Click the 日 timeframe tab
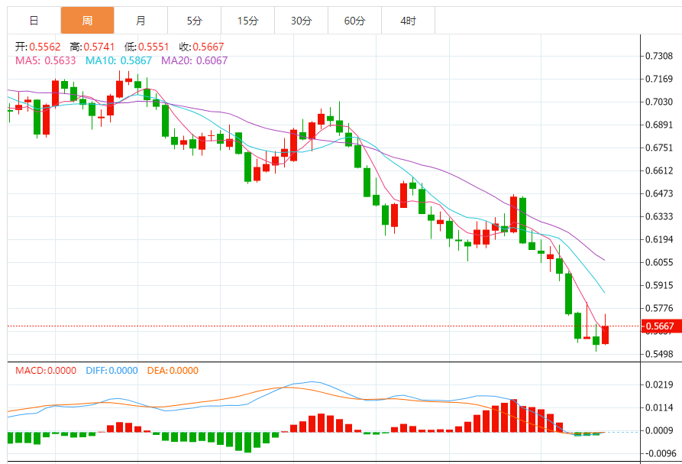pyautogui.click(x=34, y=21)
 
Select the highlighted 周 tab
pyautogui.click(x=87, y=21)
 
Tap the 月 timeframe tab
pyautogui.click(x=141, y=21)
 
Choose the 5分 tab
pyautogui.click(x=194, y=21)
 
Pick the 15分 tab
pyautogui.click(x=247, y=21)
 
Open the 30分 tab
pyautogui.click(x=301, y=21)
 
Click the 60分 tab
pyautogui.click(x=354, y=21)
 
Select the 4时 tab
pyautogui.click(x=408, y=21)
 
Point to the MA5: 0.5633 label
pyautogui.click(x=46, y=60)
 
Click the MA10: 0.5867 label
pyautogui.click(x=118, y=60)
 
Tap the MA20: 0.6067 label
pyautogui.click(x=194, y=60)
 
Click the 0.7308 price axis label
pyautogui.click(x=658, y=56)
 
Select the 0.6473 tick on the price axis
pyautogui.click(x=658, y=193)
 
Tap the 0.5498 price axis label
pyautogui.click(x=658, y=354)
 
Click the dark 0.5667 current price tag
pyautogui.click(x=658, y=326)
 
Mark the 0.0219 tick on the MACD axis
pyautogui.click(x=658, y=385)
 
